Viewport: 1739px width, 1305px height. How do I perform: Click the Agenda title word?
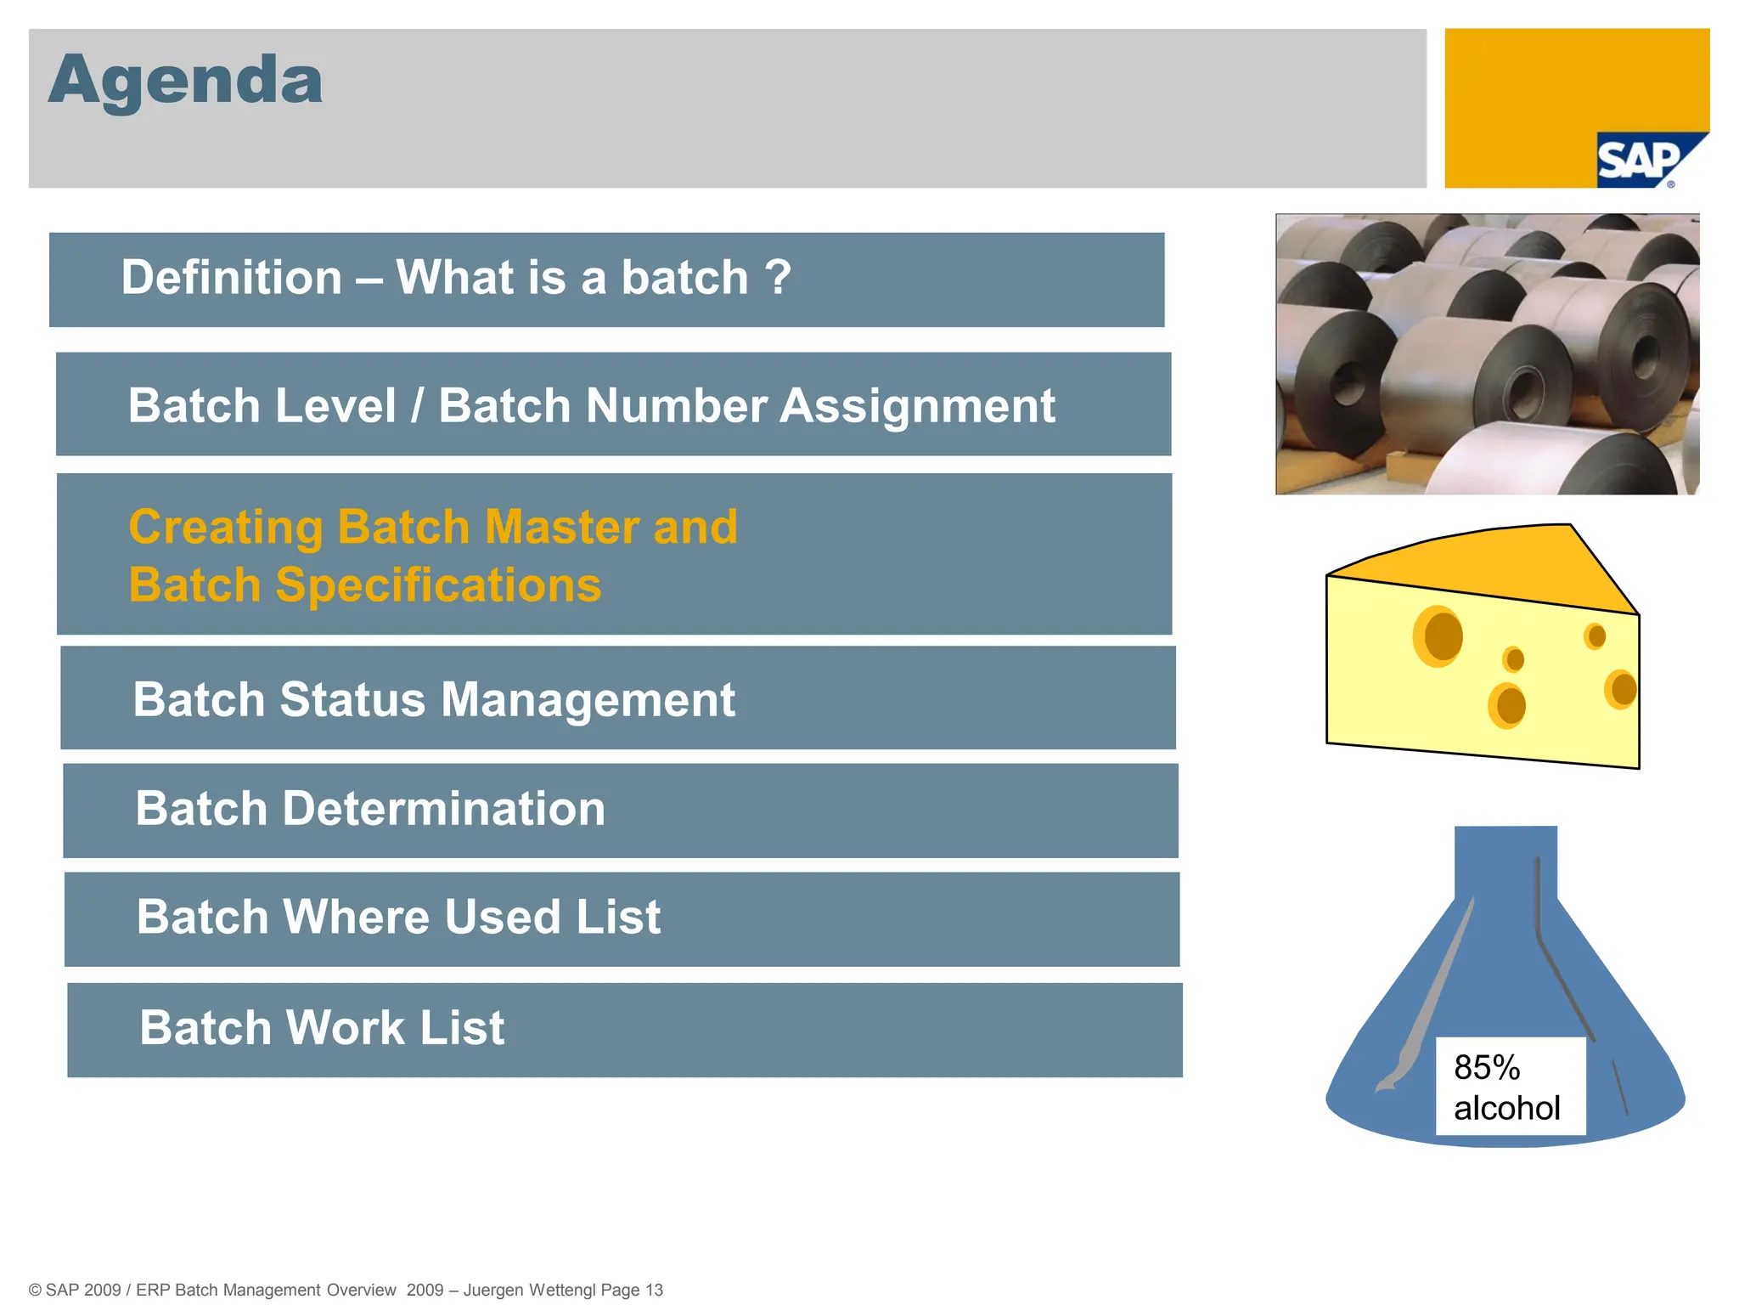(x=185, y=82)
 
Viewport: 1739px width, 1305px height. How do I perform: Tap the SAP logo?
(x=1640, y=161)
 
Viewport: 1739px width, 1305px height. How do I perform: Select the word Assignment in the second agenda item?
(x=917, y=406)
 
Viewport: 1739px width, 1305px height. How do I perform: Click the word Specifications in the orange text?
(x=438, y=585)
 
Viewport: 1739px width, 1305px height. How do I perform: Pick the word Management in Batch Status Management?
(x=588, y=700)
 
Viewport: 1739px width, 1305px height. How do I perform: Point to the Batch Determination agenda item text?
(x=370, y=809)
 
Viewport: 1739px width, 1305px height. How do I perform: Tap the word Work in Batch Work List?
(x=345, y=1028)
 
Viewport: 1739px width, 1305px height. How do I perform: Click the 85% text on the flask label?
(x=1486, y=1068)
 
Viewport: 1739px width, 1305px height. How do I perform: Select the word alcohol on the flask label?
(x=1506, y=1109)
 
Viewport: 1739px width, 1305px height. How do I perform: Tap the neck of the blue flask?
(x=1505, y=862)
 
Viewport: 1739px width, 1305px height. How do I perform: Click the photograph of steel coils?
(x=1487, y=353)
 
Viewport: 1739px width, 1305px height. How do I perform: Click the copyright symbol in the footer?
(x=35, y=1290)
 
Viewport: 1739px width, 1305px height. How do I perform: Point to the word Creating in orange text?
(x=225, y=528)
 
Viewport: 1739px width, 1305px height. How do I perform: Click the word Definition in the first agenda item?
(x=231, y=278)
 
